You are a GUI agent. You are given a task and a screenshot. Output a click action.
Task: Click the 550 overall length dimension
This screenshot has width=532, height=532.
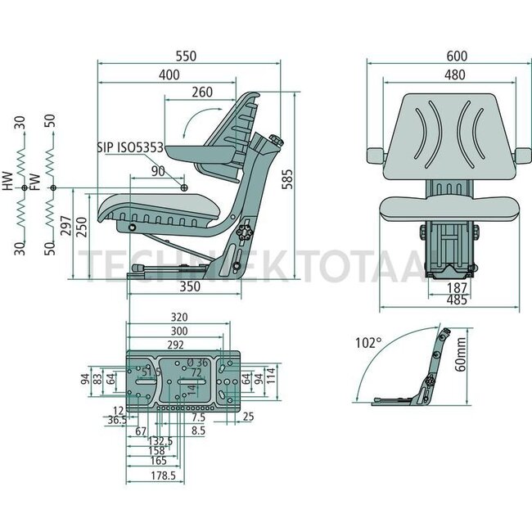point(189,55)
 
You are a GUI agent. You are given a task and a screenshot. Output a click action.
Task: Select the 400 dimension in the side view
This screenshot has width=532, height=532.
point(169,75)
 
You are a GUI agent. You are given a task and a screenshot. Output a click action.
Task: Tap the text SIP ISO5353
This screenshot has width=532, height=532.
point(129,147)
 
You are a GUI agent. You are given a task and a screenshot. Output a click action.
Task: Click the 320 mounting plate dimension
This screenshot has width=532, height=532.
point(181,316)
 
